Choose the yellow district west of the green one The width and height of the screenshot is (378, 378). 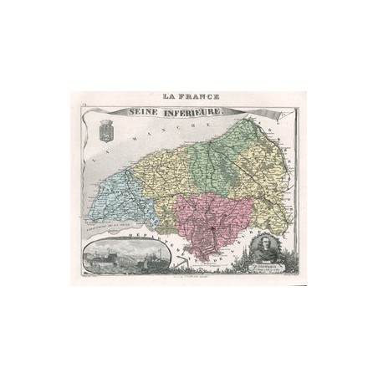(159, 171)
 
